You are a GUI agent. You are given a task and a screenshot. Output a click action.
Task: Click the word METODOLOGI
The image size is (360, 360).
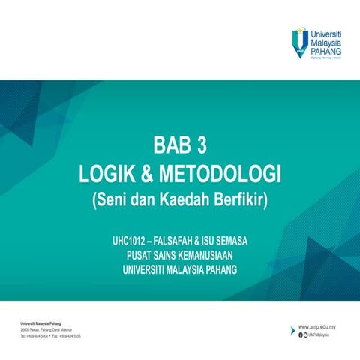[x=217, y=175]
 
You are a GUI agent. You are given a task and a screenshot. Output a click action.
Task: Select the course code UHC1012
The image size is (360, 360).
[x=127, y=242]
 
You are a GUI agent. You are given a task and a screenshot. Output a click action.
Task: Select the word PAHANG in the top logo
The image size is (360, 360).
[x=326, y=52]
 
